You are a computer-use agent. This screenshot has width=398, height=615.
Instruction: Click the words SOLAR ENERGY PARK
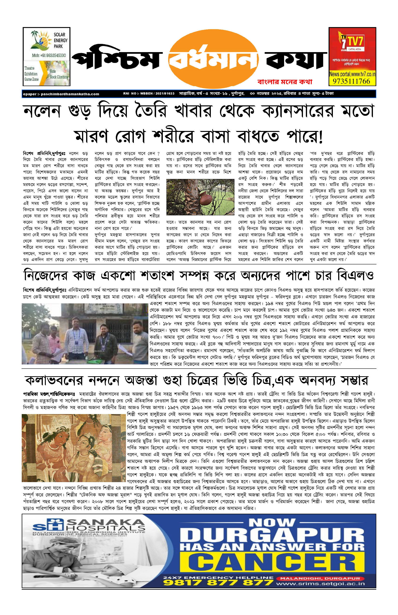[60, 40]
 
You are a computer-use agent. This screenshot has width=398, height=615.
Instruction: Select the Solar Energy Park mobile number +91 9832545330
[49, 55]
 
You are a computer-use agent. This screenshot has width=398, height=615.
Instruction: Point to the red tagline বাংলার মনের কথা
[285, 82]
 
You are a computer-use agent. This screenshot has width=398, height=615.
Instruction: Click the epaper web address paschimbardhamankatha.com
[70, 94]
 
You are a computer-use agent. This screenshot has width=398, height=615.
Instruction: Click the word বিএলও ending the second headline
[355, 275]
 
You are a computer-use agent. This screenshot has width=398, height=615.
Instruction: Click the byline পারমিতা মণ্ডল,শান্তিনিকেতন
[48, 394]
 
